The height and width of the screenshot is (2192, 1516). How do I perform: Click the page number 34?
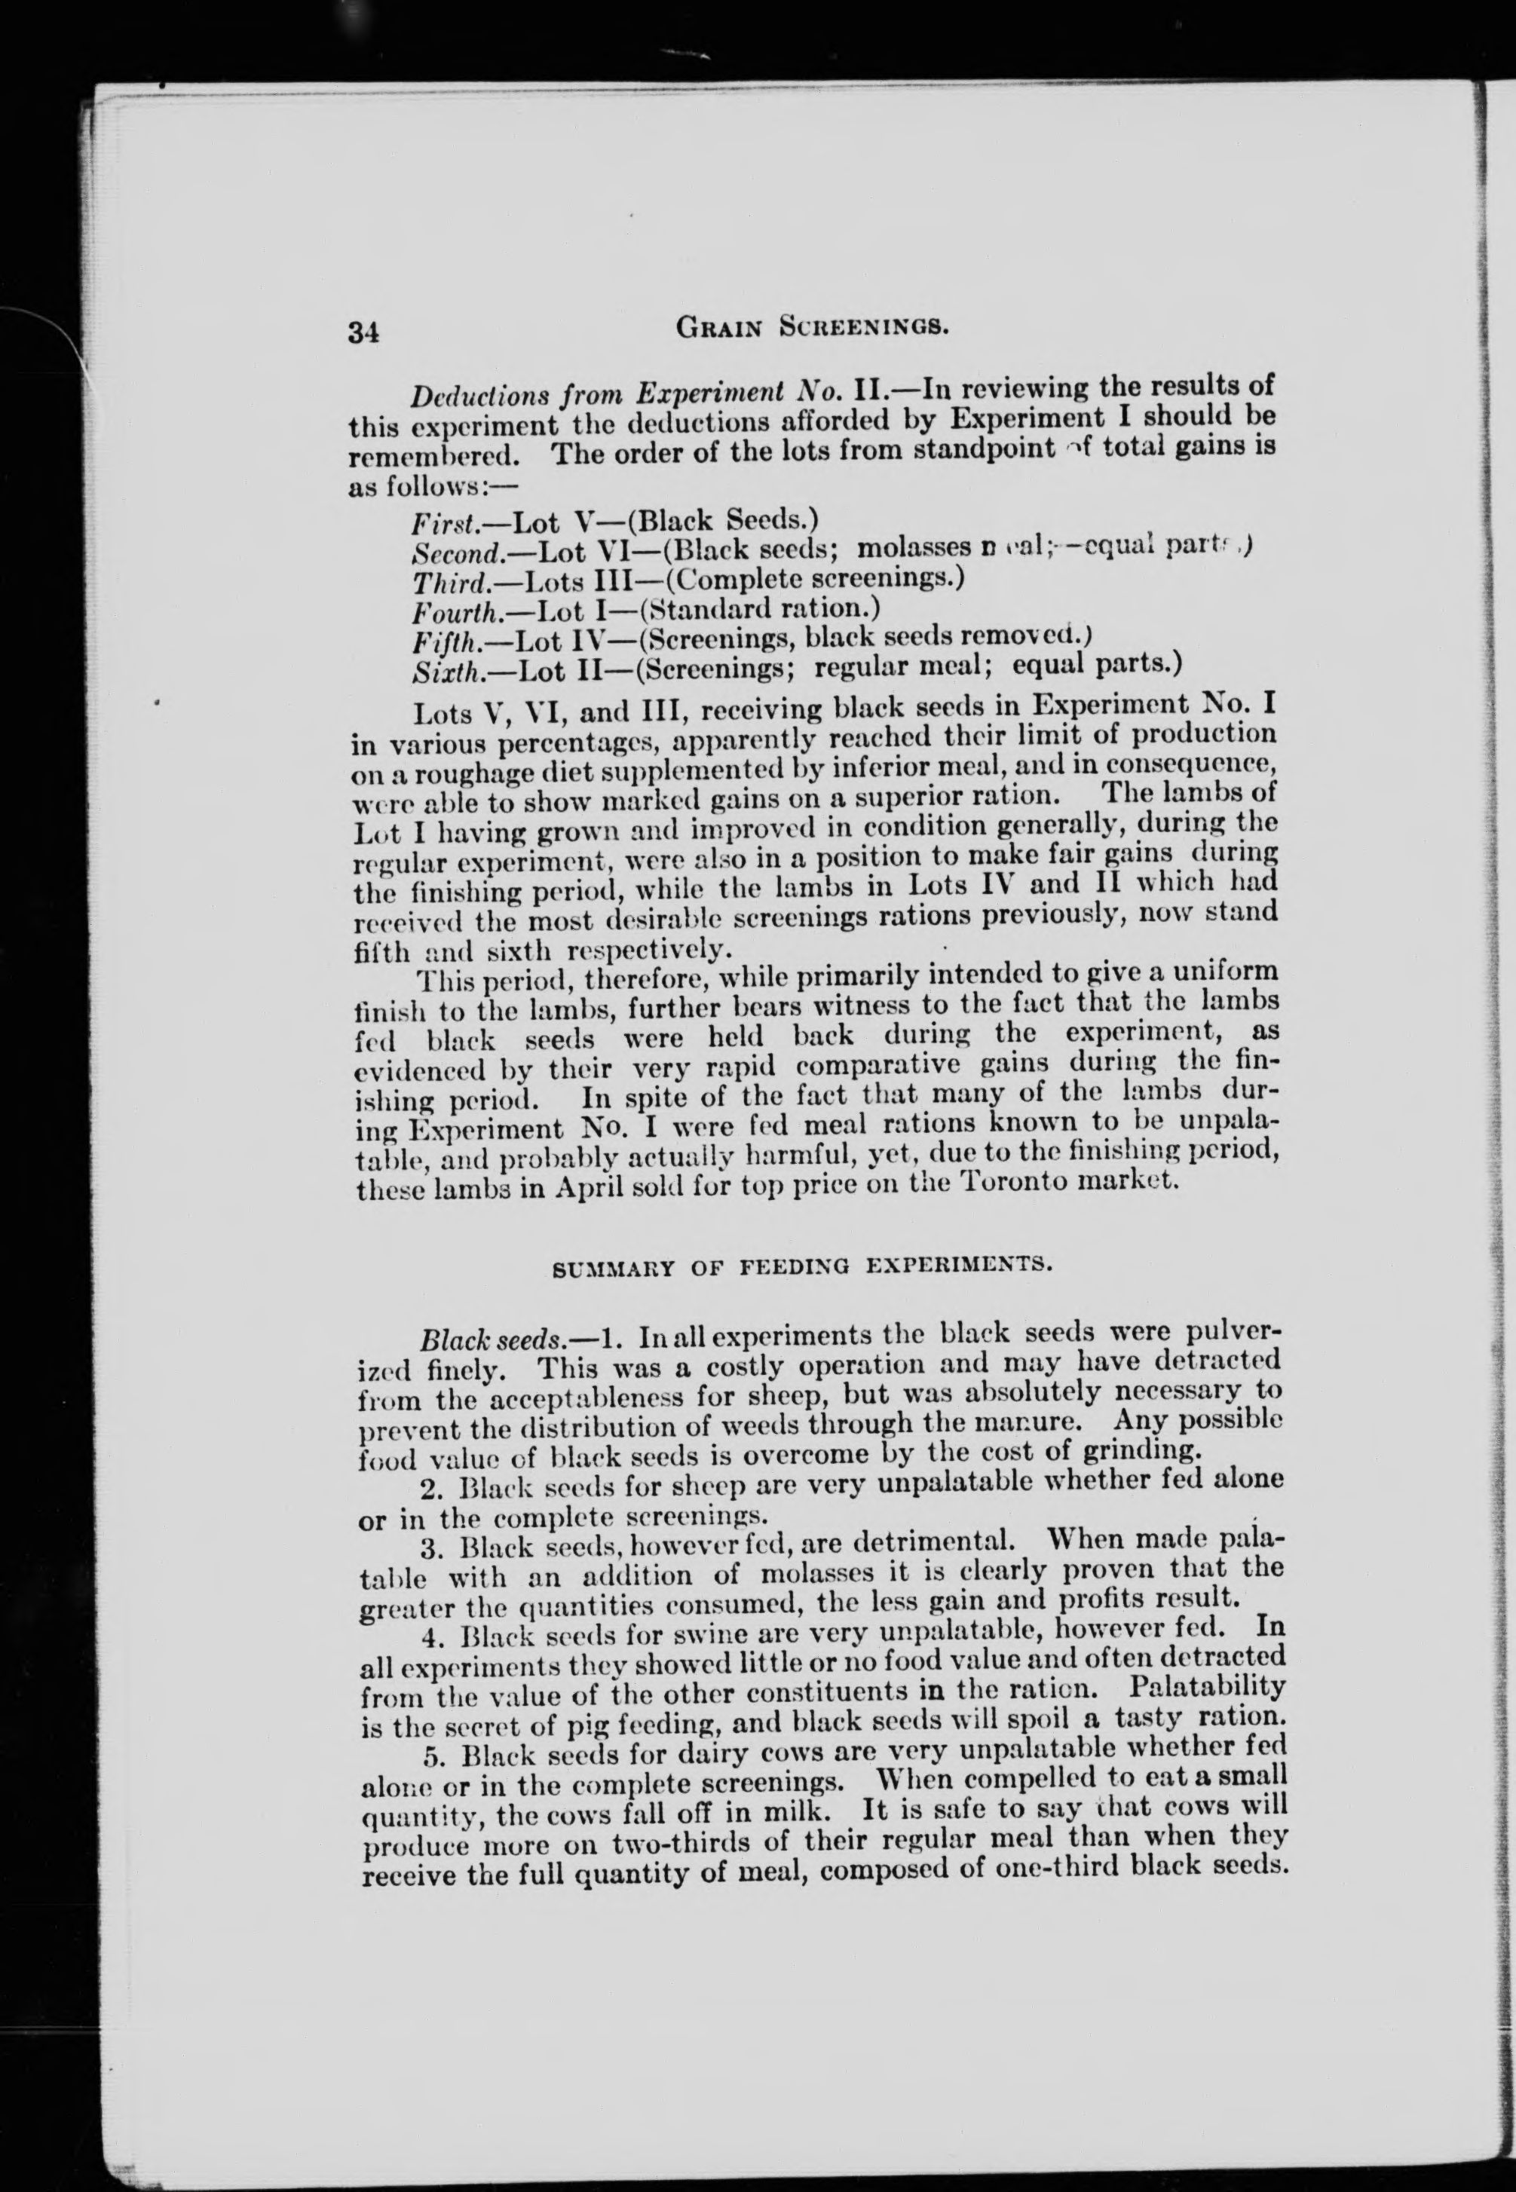[x=364, y=333]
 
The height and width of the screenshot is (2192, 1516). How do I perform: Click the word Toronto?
[x=1017, y=1183]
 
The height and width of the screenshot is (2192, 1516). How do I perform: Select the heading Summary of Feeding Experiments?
[x=801, y=1266]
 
